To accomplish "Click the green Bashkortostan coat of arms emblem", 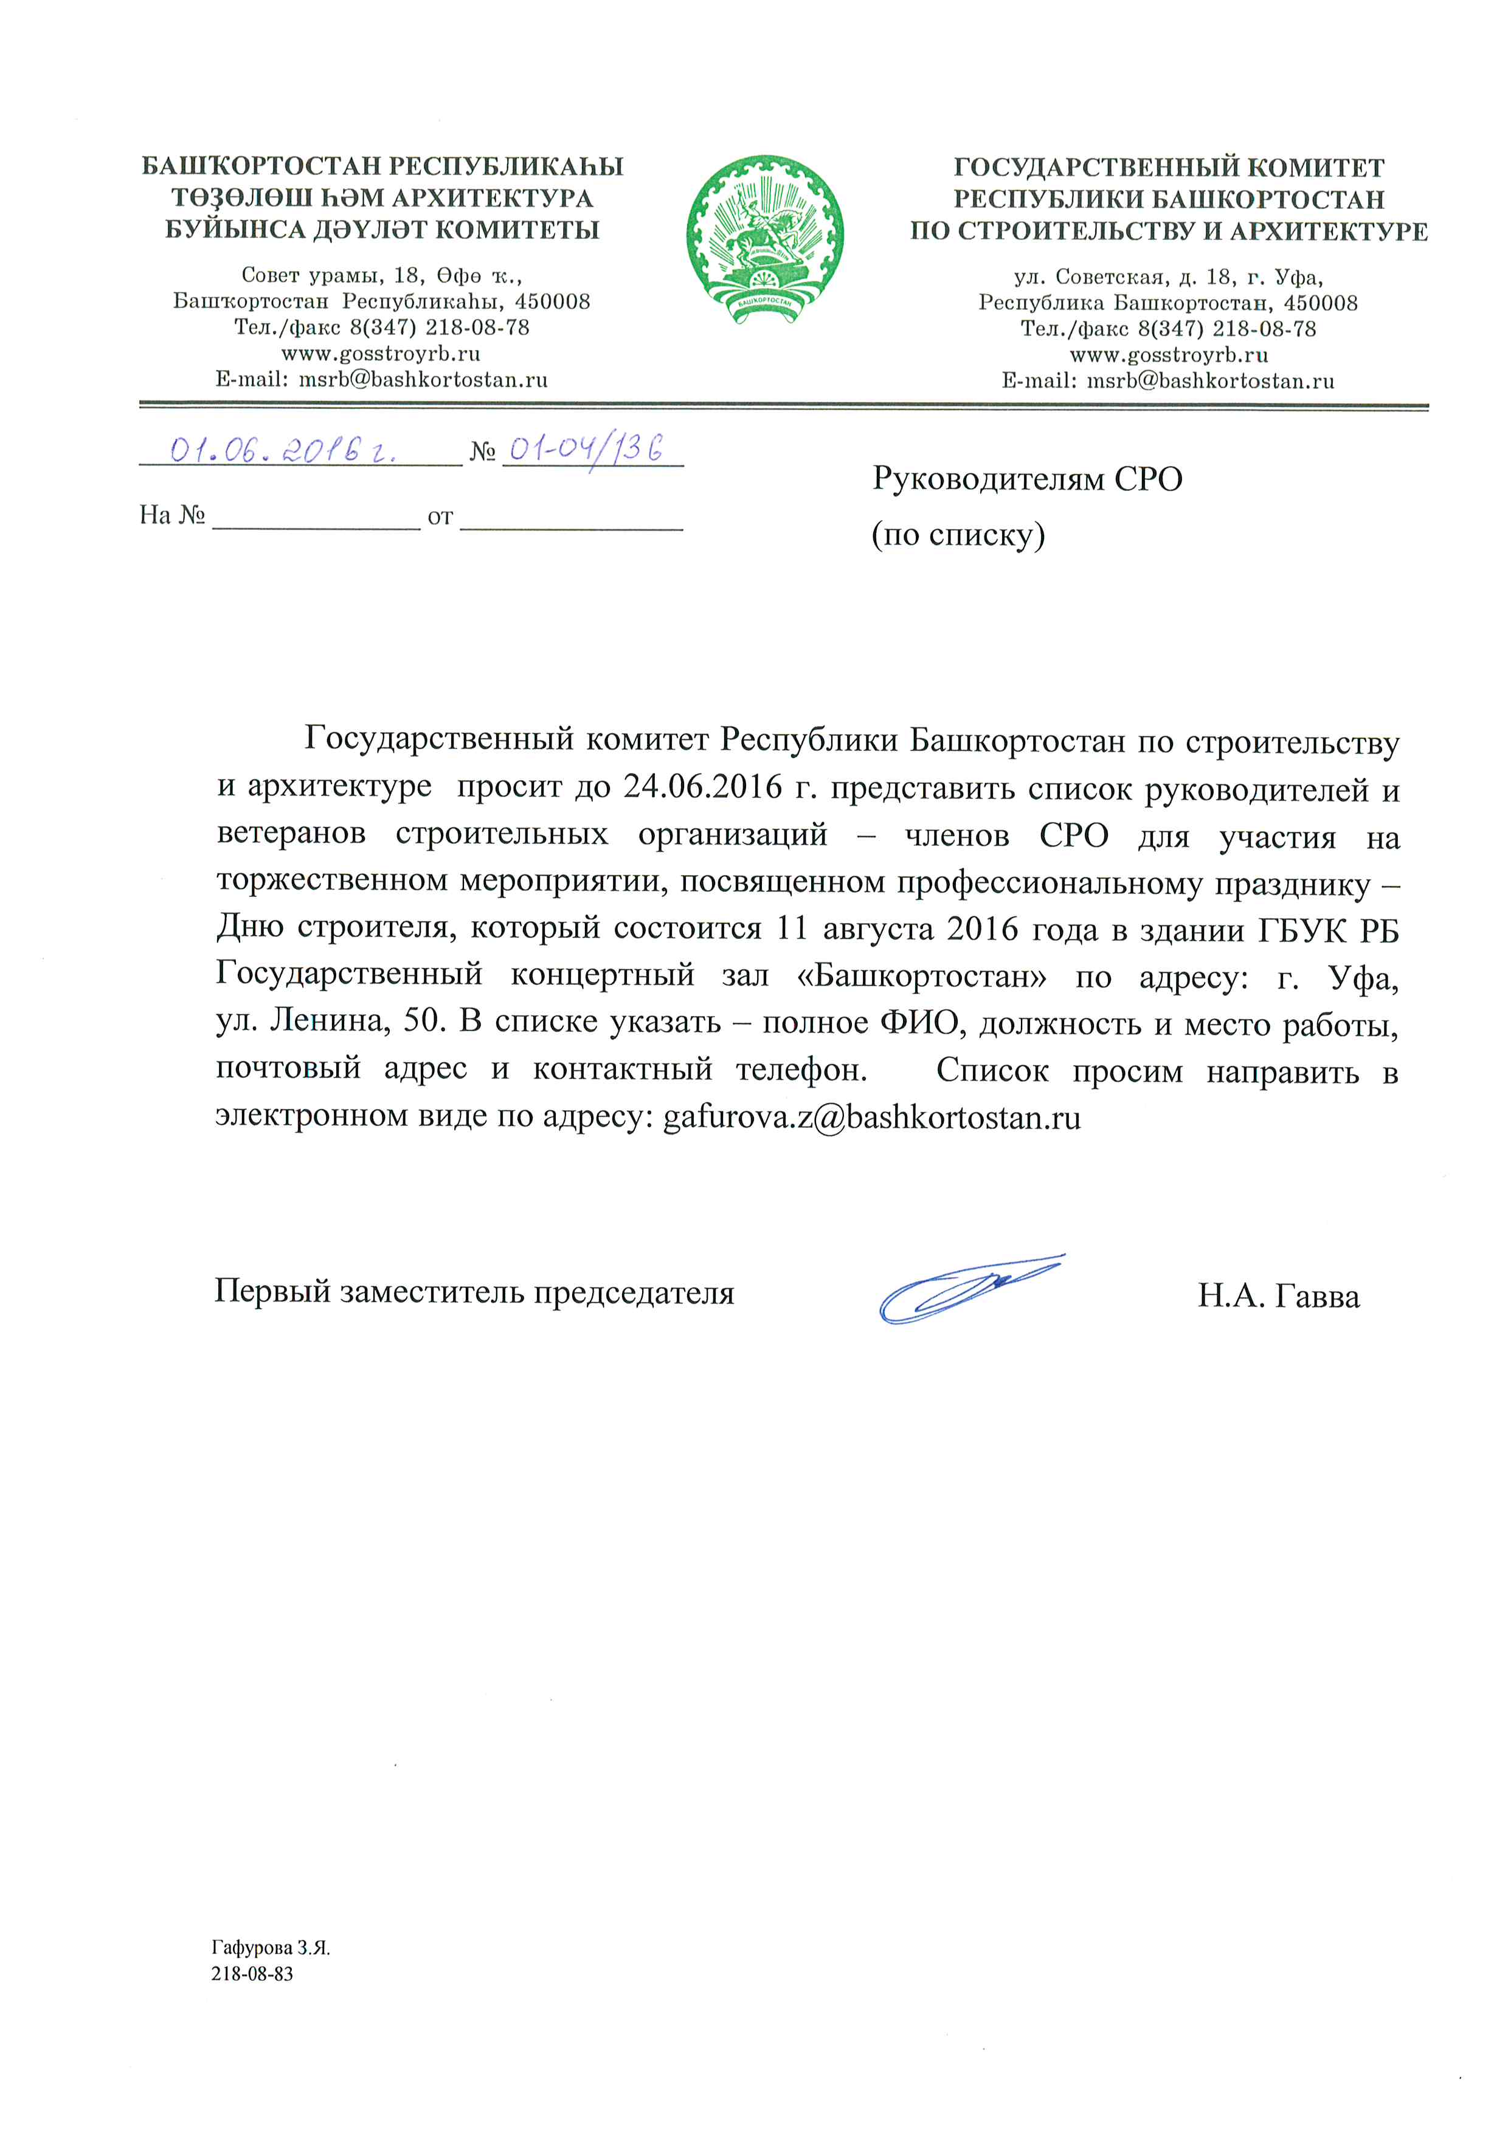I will tap(764, 239).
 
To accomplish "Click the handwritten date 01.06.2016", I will tap(283, 450).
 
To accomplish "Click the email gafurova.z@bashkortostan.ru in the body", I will tap(871, 1117).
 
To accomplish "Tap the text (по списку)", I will tap(957, 535).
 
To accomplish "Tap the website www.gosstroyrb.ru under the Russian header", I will tap(1168, 354).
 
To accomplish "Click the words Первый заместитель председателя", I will tap(474, 1292).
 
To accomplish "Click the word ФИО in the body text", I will tap(923, 1022).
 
